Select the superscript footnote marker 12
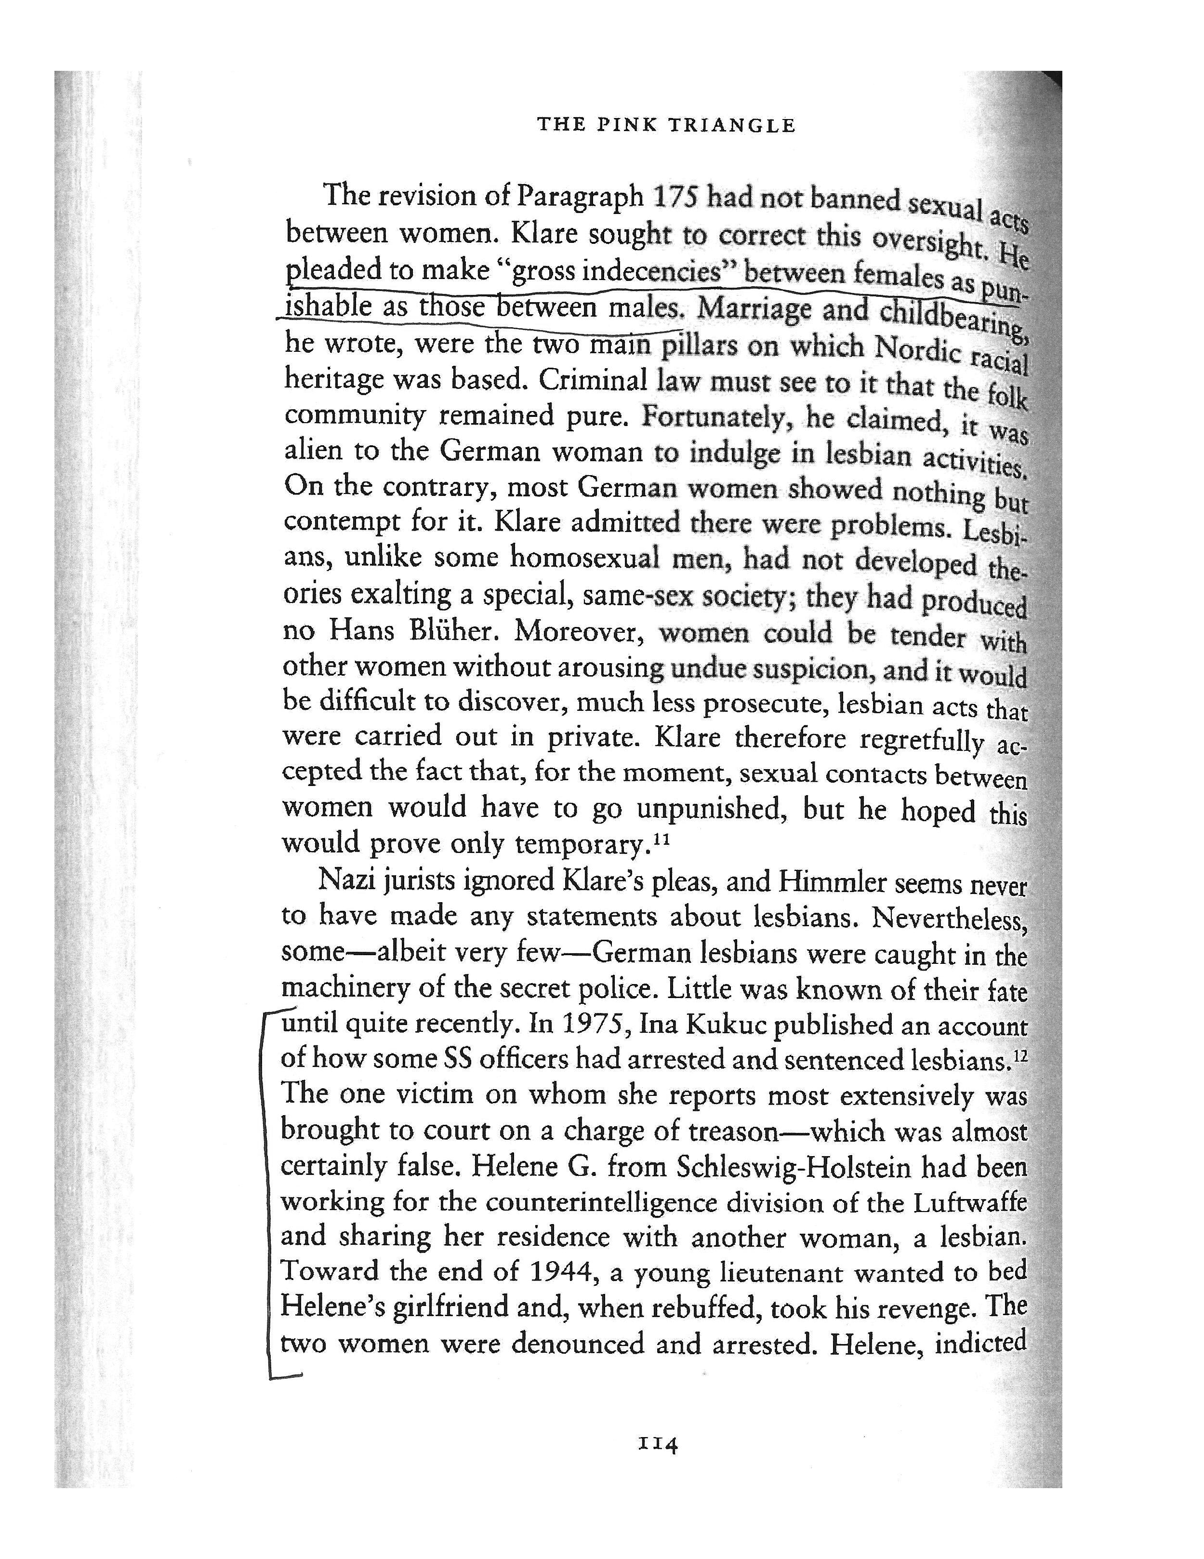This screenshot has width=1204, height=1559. coord(1020,1054)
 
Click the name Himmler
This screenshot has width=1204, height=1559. coord(832,882)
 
